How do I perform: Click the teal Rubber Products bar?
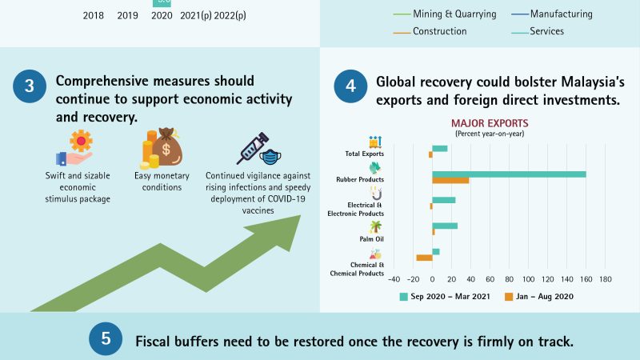(x=509, y=174)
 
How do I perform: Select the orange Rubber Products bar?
(x=450, y=181)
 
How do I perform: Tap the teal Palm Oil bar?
(x=445, y=226)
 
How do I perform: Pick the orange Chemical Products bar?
(x=424, y=258)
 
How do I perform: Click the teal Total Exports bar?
(x=440, y=148)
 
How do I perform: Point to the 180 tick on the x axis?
(x=605, y=279)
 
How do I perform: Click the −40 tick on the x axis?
(x=394, y=279)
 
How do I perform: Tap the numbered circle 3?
(x=29, y=88)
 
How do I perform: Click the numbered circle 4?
(x=350, y=88)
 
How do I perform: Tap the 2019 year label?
(x=127, y=14)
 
